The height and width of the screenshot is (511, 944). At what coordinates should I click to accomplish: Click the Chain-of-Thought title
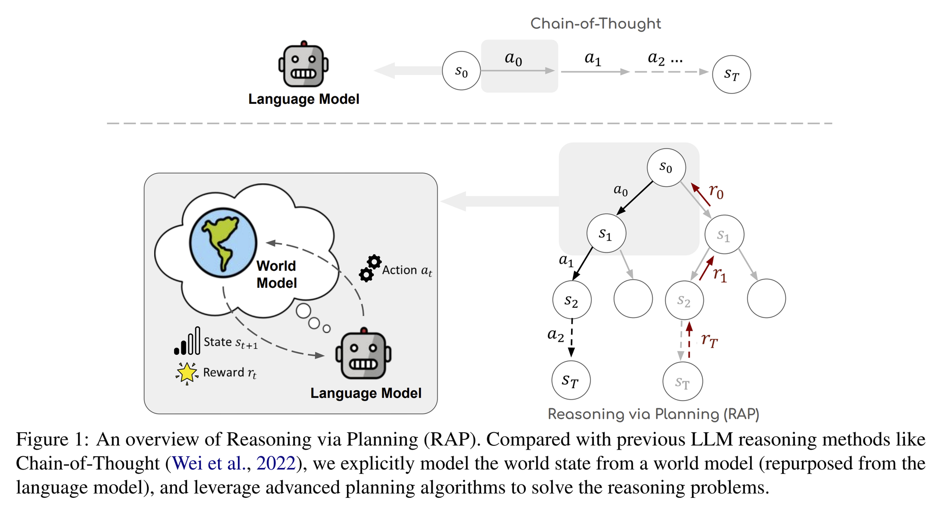click(x=596, y=24)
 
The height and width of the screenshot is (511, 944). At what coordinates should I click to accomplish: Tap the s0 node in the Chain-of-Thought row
click(x=461, y=71)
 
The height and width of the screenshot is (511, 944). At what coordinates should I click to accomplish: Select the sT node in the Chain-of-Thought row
click(x=731, y=75)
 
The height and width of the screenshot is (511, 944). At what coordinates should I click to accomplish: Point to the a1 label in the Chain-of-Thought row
click(x=593, y=59)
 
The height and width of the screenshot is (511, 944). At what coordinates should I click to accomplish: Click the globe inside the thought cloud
click(x=223, y=243)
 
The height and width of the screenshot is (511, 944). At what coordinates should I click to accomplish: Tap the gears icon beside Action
click(x=370, y=268)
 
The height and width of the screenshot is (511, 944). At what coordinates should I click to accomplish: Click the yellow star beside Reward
click(x=187, y=373)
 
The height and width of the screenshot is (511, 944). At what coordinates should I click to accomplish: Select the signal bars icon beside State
click(x=187, y=341)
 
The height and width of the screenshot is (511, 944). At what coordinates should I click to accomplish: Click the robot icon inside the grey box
click(x=363, y=353)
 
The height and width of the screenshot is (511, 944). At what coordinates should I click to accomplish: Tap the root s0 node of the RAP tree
click(x=666, y=167)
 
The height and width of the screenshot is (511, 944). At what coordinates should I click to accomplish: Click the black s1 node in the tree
click(x=606, y=233)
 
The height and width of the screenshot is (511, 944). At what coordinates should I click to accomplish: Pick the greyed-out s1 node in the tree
click(x=724, y=235)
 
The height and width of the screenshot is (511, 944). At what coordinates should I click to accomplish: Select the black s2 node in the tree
click(x=572, y=300)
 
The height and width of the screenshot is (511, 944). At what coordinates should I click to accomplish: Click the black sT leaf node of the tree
click(x=571, y=380)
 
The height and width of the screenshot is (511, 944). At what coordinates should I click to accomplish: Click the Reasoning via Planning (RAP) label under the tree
click(x=653, y=414)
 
